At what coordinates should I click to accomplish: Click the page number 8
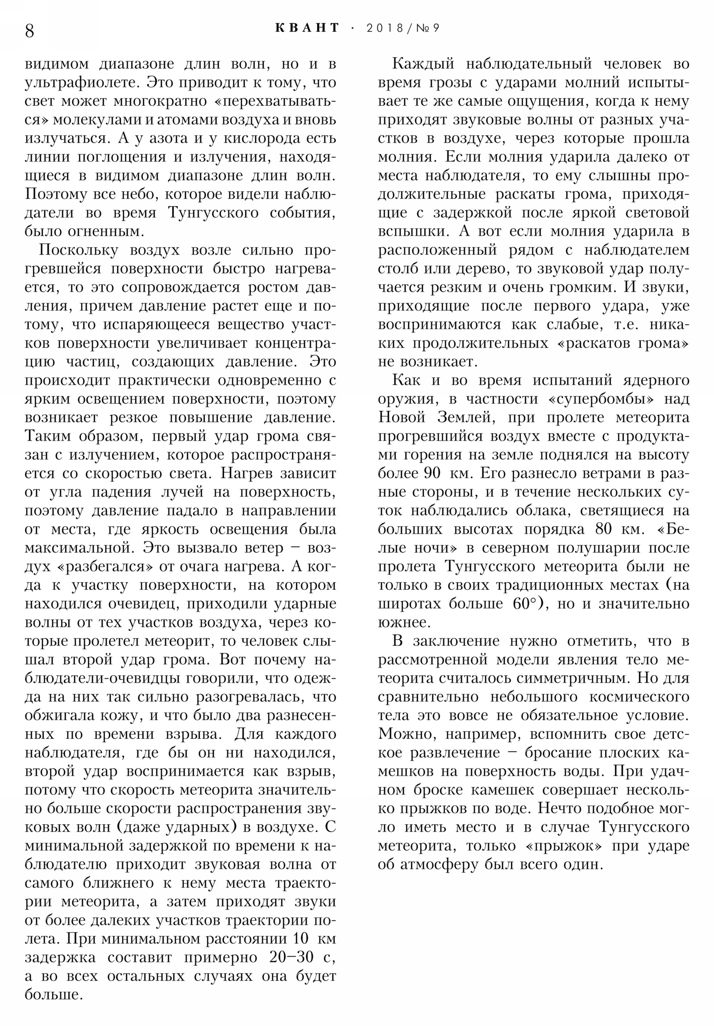click(x=29, y=31)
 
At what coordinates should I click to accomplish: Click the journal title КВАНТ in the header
click(x=307, y=28)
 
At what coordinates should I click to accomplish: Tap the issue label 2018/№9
click(x=403, y=28)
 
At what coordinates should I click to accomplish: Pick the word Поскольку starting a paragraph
click(x=79, y=250)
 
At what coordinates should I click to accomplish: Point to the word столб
click(x=397, y=269)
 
